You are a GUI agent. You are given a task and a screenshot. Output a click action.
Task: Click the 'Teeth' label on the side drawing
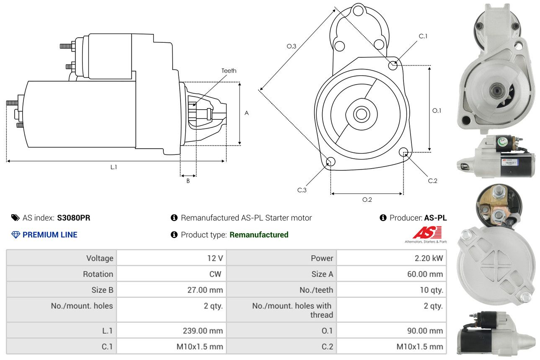coord(229,71)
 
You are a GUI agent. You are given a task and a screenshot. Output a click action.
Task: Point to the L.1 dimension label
coord(114,167)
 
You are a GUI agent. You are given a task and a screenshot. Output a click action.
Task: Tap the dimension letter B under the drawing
coord(188,181)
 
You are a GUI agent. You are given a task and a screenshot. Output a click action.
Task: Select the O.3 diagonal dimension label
coord(292,46)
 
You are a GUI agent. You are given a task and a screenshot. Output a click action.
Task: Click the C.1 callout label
coord(423,36)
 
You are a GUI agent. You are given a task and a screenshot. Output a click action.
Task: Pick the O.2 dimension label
coord(367,200)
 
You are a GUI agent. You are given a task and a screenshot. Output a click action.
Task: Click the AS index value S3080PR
coord(74,218)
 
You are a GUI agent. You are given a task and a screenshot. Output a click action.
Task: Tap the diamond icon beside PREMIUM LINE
coord(16,235)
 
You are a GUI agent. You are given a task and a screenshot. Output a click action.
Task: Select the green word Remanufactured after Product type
coord(259,235)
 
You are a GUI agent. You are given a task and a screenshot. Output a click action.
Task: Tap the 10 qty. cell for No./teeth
coord(431,290)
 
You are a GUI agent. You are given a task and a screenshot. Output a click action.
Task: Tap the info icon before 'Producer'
coord(383,218)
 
